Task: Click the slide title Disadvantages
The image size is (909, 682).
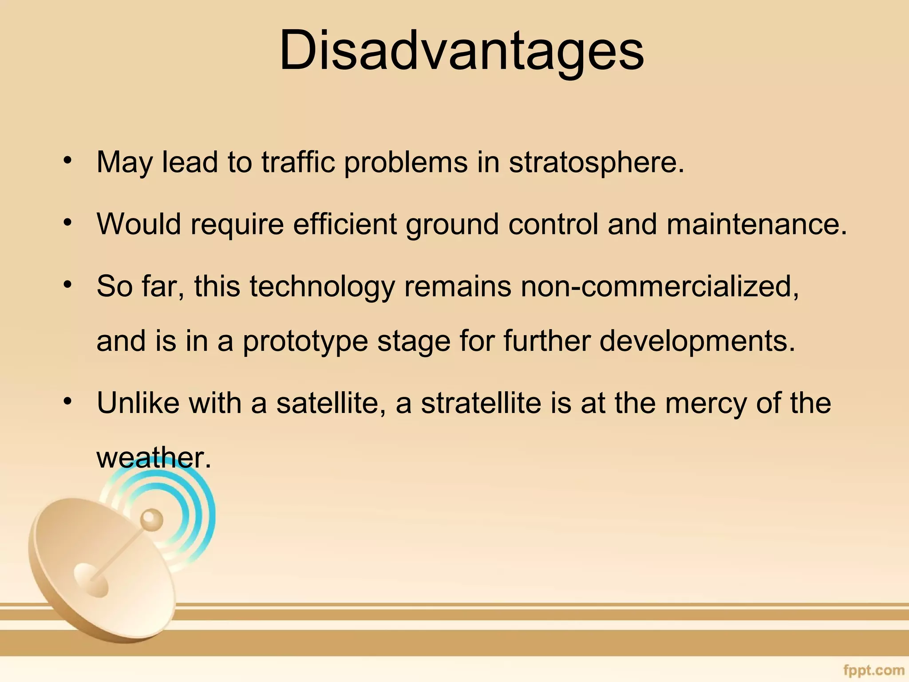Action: point(461,51)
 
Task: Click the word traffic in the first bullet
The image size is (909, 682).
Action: point(298,163)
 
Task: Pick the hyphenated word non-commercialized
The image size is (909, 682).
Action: point(660,286)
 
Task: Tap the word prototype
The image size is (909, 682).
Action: point(305,341)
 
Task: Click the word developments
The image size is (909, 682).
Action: point(697,341)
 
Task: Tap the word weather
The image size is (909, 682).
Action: point(150,458)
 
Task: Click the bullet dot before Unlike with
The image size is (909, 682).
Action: point(67,401)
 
